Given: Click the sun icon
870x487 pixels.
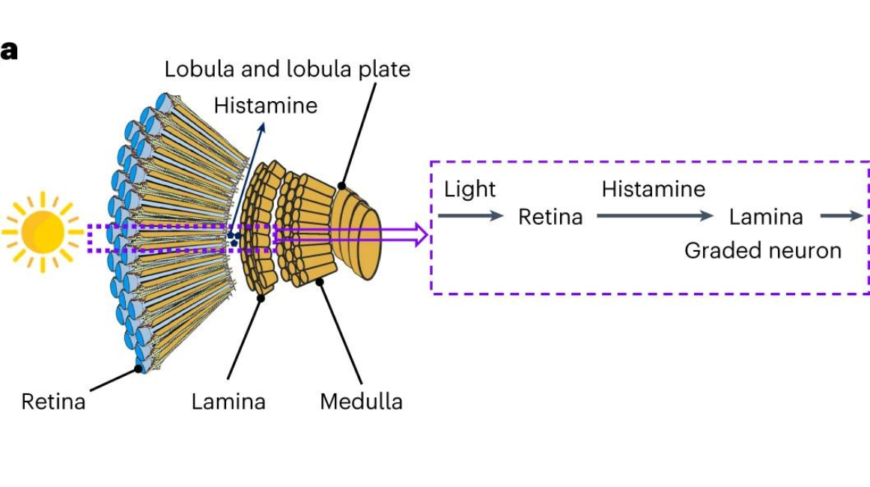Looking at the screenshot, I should coord(42,232).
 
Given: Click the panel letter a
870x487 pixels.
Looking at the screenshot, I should coord(9,52).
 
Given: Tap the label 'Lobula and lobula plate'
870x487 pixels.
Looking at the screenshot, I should coord(288,70).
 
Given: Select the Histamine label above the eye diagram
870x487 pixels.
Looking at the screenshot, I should coord(265,106).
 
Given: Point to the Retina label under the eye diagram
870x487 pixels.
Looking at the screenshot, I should coord(53,402).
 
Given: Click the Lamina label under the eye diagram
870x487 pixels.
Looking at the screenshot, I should coord(228,402).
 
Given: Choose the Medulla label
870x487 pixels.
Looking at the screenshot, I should coord(361,402).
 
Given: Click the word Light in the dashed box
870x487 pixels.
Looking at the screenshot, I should coord(469,190).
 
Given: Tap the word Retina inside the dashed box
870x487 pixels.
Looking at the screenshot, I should coord(550,217).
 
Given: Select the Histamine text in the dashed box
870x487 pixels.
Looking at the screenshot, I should coord(653,190).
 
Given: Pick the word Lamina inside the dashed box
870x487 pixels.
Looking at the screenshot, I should coord(766,217).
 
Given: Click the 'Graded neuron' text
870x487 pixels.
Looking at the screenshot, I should coord(763,250).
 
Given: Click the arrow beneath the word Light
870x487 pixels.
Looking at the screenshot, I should coord(471,216).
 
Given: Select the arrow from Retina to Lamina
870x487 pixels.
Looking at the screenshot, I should coord(655,216).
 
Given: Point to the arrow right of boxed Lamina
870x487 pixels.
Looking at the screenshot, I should coord(842,216).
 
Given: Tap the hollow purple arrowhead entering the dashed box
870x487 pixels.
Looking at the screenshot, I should coord(420,235).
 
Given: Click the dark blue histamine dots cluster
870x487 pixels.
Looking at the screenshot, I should coord(234,238).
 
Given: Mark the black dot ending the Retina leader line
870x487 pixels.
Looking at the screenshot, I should coord(139,369).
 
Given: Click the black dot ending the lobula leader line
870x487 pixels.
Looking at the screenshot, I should coord(341,185).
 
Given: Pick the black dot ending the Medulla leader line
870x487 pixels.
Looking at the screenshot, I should coord(320,282).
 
